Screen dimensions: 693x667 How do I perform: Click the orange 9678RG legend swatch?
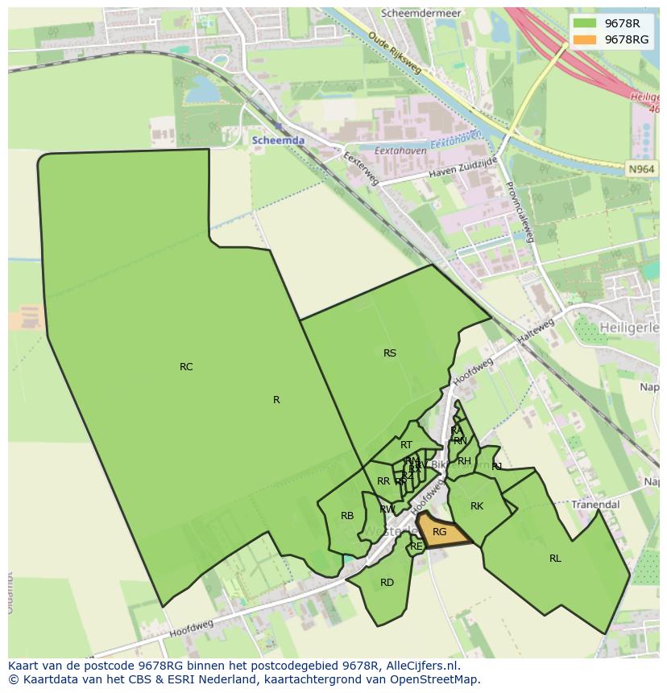[586, 39]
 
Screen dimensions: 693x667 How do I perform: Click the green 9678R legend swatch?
[586, 23]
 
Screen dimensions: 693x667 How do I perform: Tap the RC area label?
[186, 367]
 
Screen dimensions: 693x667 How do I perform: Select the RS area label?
[390, 353]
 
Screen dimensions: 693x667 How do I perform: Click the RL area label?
[555, 559]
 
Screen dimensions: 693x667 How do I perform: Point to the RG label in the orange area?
[439, 532]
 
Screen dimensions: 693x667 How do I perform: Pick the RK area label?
[477, 506]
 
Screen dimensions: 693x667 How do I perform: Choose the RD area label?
[387, 583]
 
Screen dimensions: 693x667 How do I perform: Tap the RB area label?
[347, 517]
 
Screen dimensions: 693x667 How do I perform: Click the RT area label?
[406, 445]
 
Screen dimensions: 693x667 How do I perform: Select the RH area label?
[464, 461]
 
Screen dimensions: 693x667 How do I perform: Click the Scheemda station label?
[279, 140]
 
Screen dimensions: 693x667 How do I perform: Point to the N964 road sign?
[641, 169]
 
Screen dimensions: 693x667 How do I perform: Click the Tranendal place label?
[596, 505]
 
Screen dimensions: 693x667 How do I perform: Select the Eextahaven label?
[400, 151]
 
